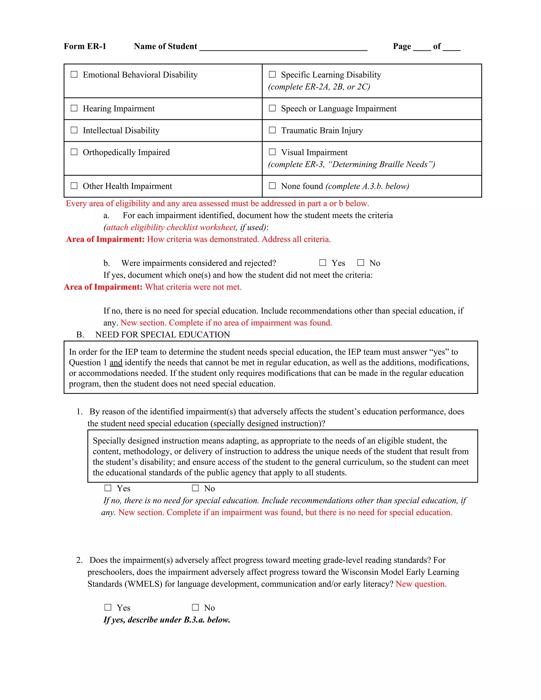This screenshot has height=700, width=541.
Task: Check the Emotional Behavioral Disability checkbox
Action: pyautogui.click(x=74, y=74)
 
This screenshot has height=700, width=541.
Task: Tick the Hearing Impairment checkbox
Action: pyautogui.click(x=74, y=108)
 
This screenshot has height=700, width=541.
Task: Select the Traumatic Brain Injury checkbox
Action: pyautogui.click(x=272, y=130)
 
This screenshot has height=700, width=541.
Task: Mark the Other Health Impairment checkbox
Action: pyautogui.click(x=74, y=186)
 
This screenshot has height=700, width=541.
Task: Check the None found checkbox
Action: pyautogui.click(x=272, y=186)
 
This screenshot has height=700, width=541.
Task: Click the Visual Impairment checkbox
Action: pyautogui.click(x=272, y=152)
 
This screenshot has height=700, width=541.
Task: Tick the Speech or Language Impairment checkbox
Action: pyautogui.click(x=272, y=108)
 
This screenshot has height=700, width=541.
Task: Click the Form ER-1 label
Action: pyautogui.click(x=85, y=46)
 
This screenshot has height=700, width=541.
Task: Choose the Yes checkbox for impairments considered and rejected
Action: pyautogui.click(x=323, y=263)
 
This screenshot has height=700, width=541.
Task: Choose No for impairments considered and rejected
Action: pyautogui.click(x=361, y=263)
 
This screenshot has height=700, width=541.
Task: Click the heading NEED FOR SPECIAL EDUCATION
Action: pyautogui.click(x=162, y=335)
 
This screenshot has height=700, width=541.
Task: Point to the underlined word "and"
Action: pyautogui.click(x=116, y=362)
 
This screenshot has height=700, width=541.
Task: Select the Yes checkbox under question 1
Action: pyautogui.click(x=108, y=488)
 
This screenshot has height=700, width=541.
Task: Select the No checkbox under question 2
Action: pyautogui.click(x=195, y=607)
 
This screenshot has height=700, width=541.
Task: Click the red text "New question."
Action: pyautogui.click(x=421, y=584)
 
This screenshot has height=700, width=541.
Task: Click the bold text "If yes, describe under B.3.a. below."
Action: pyautogui.click(x=167, y=619)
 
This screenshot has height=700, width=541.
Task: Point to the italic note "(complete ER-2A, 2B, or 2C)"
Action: pyautogui.click(x=319, y=87)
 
